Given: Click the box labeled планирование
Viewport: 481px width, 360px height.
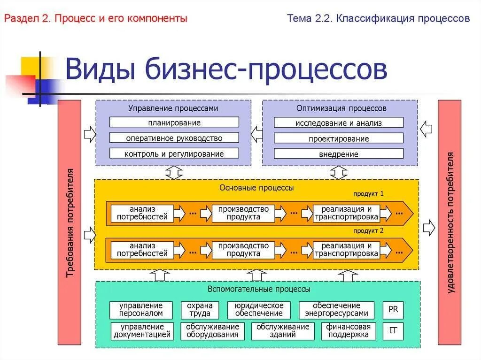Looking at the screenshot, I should click(x=174, y=123).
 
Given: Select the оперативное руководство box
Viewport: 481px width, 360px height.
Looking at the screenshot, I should click(x=174, y=138).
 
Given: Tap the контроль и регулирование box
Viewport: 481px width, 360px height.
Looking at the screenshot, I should click(x=174, y=153).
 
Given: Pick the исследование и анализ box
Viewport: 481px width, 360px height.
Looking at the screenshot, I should click(x=339, y=123).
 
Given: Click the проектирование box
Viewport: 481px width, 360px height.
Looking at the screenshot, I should click(x=339, y=138).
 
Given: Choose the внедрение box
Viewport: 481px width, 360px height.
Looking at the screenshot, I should click(x=339, y=154).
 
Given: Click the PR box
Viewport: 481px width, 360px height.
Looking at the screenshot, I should click(x=393, y=309).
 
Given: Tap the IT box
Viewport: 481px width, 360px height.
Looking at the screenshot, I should click(x=393, y=330).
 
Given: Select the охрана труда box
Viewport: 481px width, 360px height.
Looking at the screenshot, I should click(x=200, y=310).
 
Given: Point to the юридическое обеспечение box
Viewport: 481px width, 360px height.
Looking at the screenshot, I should click(x=259, y=310).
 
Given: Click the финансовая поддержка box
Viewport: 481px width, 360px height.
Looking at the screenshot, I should click(x=349, y=331).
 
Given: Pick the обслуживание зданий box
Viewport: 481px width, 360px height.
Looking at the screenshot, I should click(x=283, y=331).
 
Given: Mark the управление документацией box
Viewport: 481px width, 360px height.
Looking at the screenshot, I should click(x=142, y=331).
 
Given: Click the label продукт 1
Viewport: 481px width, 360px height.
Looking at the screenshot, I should click(x=369, y=193).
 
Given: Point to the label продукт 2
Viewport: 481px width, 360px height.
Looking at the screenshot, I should click(x=369, y=230).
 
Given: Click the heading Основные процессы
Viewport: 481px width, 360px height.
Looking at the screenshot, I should click(x=256, y=188).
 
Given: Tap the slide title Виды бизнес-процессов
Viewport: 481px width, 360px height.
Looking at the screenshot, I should click(x=226, y=69).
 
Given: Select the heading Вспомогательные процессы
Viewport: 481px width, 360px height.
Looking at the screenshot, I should click(x=259, y=289).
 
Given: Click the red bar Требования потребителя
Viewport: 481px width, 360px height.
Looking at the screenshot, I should click(x=70, y=222).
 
